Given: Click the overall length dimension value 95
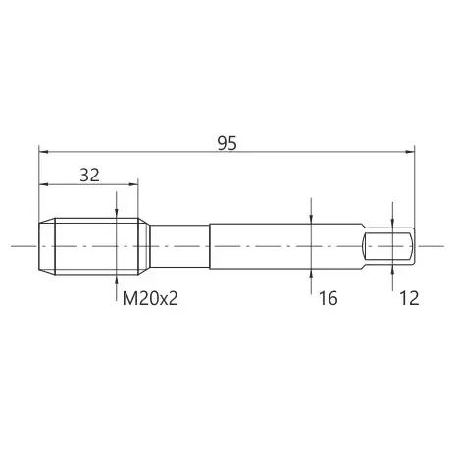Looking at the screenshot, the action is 227,143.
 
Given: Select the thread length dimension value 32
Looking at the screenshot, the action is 90,176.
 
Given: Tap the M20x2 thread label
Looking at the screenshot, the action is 150,298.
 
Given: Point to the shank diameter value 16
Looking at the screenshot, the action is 328,298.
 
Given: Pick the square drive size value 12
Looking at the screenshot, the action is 409,298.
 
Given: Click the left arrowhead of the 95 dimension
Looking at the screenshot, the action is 43,152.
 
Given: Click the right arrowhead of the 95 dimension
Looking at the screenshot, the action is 410,152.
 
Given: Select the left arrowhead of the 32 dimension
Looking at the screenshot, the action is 43,184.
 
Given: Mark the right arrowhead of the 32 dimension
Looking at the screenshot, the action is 133,184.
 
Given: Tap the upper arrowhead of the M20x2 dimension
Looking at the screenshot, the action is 117,214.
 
